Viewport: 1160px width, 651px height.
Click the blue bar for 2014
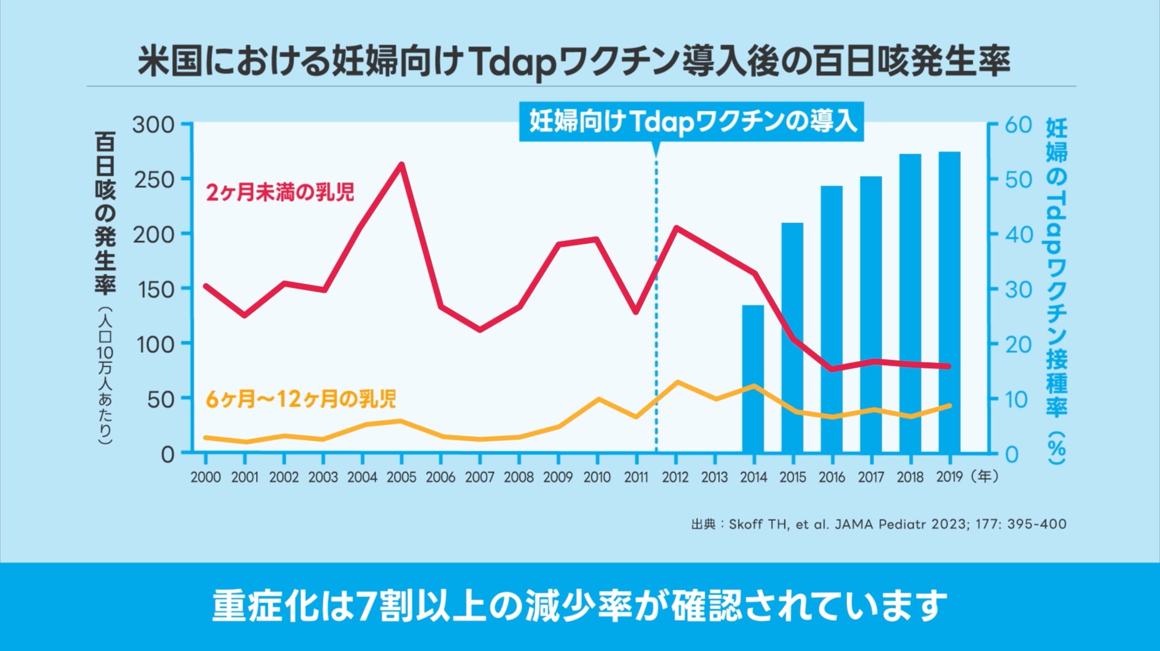(x=753, y=378)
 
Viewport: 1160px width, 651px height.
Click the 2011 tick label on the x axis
(x=636, y=477)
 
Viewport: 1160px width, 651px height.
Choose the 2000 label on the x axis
(x=205, y=477)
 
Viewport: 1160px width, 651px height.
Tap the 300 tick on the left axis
(x=153, y=125)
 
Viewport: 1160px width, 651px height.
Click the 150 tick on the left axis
(x=154, y=290)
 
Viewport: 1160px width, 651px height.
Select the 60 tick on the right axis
(x=1018, y=125)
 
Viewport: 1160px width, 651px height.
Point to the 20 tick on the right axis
(x=1018, y=345)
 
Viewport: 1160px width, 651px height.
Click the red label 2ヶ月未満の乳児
(x=280, y=192)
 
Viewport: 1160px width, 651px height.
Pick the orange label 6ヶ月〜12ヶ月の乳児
(x=300, y=399)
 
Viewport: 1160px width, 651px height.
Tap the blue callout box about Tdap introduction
(x=692, y=122)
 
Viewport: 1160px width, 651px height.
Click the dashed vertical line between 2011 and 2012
(x=656, y=357)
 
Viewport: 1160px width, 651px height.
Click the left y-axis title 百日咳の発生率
(x=105, y=214)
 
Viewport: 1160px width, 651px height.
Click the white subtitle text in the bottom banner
(x=579, y=606)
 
